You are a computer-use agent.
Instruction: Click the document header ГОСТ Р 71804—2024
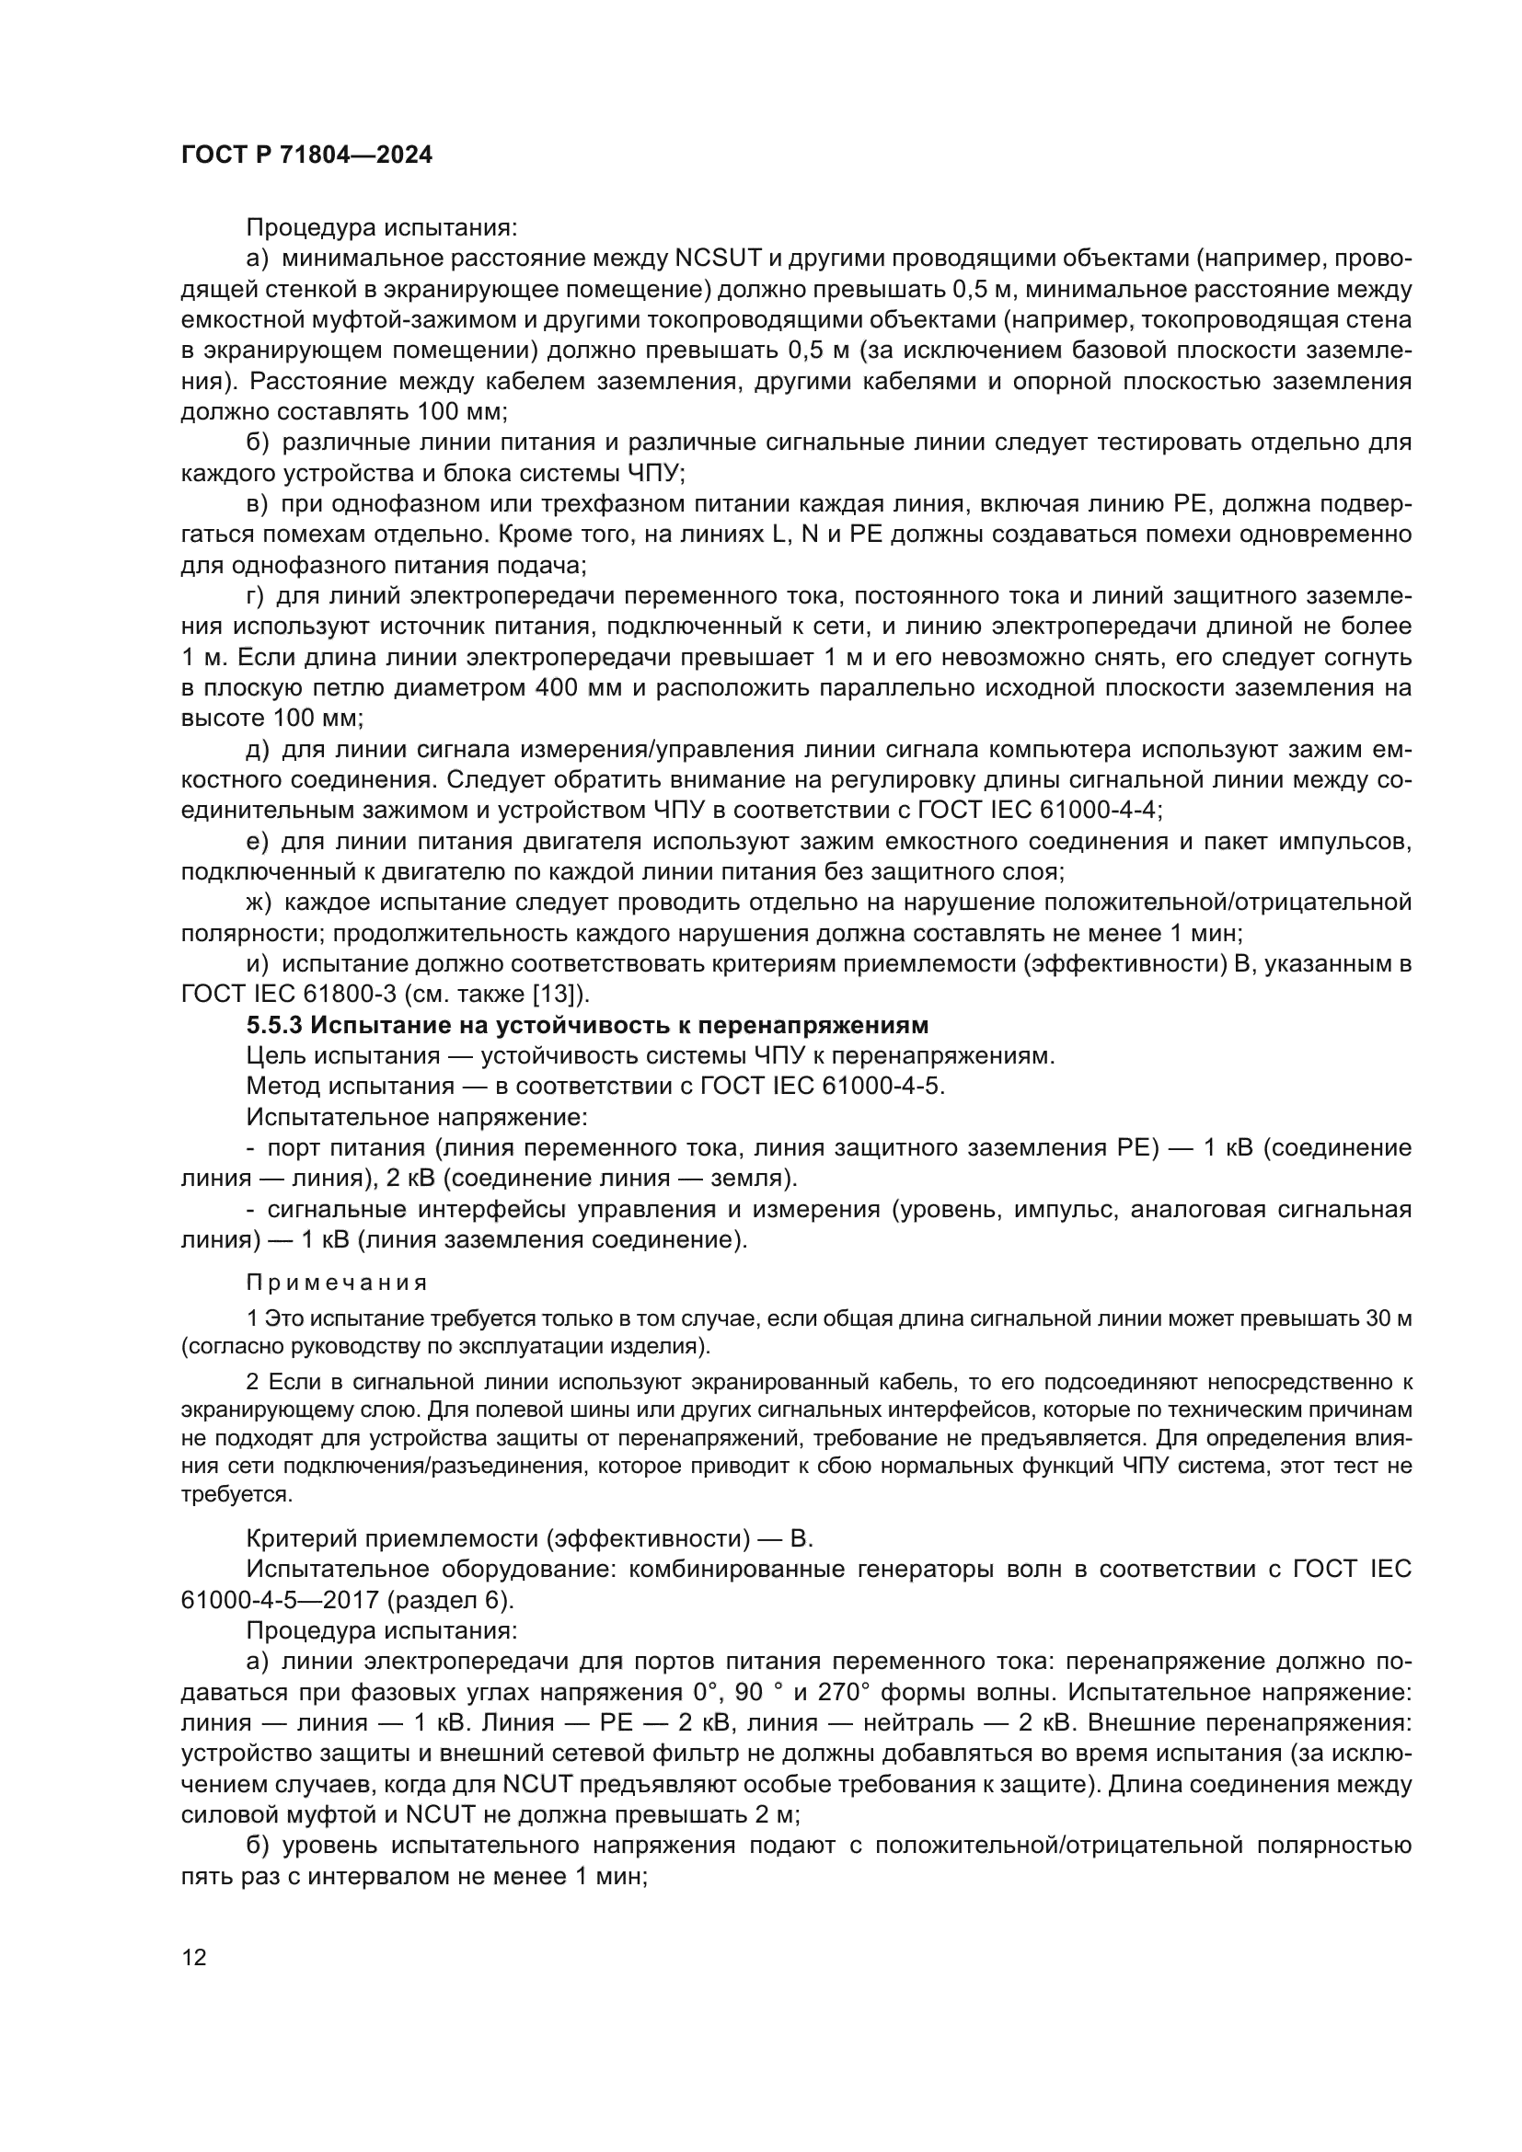tap(306, 155)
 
